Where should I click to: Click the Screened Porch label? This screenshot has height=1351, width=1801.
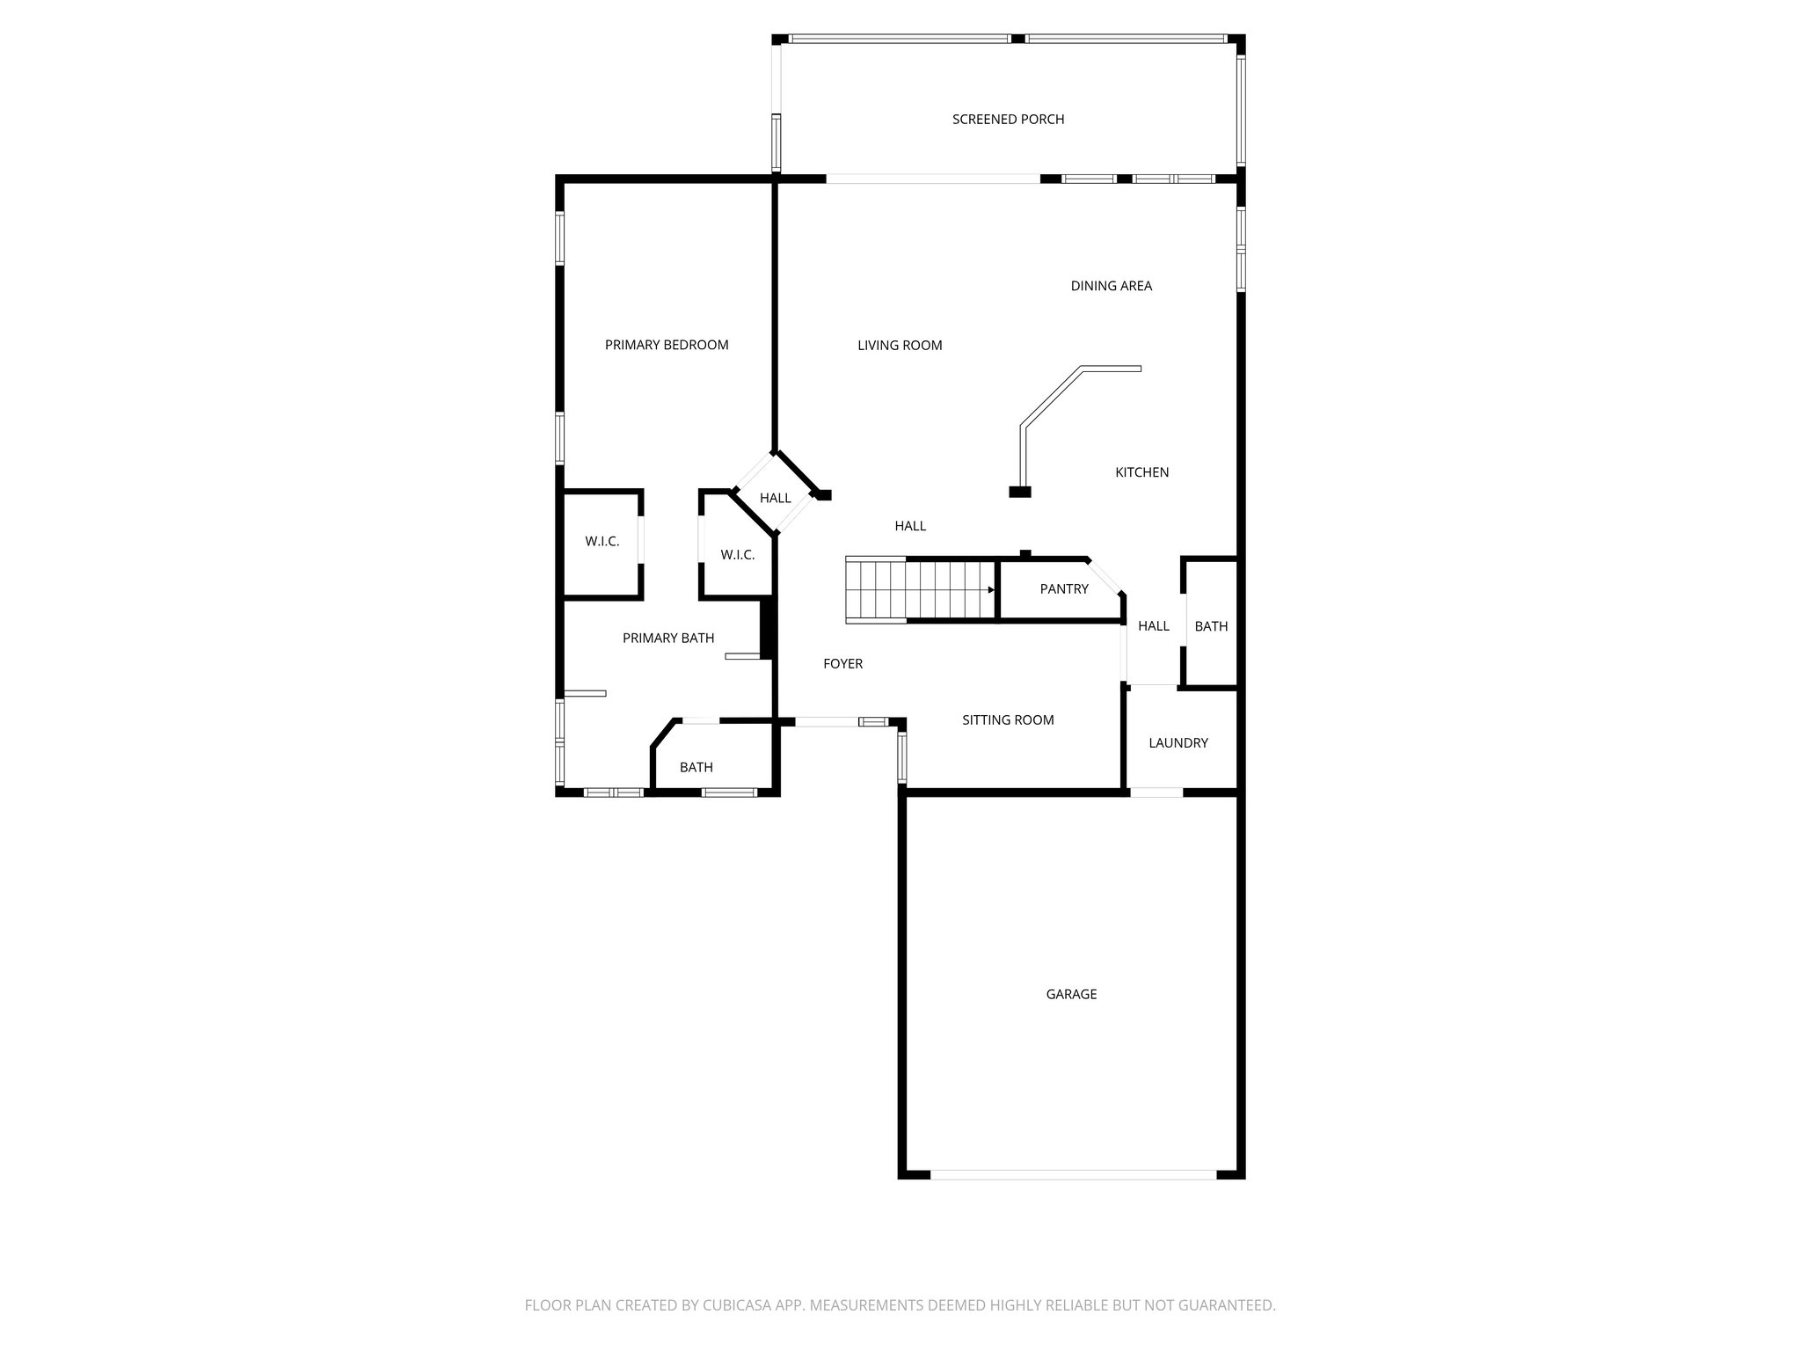click(1008, 119)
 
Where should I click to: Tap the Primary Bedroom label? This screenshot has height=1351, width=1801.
click(667, 345)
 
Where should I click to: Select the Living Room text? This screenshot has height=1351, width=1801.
click(900, 346)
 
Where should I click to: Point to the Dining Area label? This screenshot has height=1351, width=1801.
click(1111, 286)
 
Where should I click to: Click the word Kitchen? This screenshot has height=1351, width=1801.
click(1141, 472)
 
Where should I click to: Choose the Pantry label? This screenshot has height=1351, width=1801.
click(1064, 589)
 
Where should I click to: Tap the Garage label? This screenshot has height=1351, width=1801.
click(1071, 994)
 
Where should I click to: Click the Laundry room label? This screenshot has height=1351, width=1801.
click(1178, 743)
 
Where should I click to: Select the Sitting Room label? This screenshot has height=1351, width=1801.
click(1008, 720)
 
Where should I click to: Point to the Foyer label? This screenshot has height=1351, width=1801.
click(842, 664)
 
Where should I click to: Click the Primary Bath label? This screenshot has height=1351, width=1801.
click(668, 639)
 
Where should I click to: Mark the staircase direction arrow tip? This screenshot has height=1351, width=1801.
click(993, 590)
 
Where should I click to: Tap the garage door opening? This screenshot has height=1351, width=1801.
click(1073, 1174)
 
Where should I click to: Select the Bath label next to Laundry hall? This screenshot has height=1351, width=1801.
click(1211, 626)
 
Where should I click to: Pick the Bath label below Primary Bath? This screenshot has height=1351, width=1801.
click(696, 768)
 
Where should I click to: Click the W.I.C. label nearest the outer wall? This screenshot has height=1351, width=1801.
click(602, 542)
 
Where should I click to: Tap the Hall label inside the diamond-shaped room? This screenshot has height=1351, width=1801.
click(775, 498)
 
